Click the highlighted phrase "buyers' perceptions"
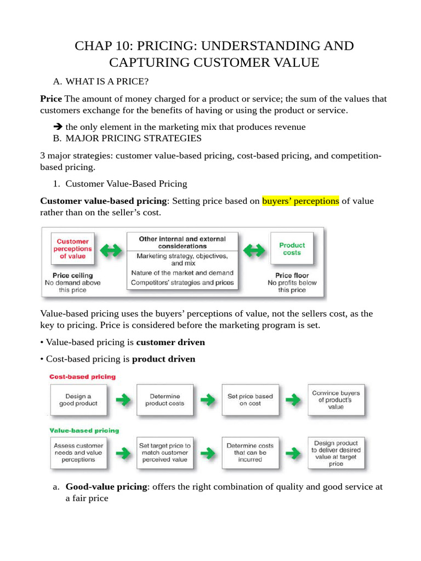pos(300,201)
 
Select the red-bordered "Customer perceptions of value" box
pos(72,249)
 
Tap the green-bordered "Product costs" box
pos(292,249)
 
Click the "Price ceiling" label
pos(72,275)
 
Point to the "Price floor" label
pos(292,275)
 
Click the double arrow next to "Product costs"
pos(254,251)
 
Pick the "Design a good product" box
pos(78,400)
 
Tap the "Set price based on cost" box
pos(250,400)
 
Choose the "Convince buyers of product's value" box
pos(336,400)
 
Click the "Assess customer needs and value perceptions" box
pos(78,453)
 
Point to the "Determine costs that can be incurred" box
pos(250,453)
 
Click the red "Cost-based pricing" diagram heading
pos(83,377)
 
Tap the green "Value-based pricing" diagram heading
pos(84,430)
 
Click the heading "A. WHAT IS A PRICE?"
pos(100,82)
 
